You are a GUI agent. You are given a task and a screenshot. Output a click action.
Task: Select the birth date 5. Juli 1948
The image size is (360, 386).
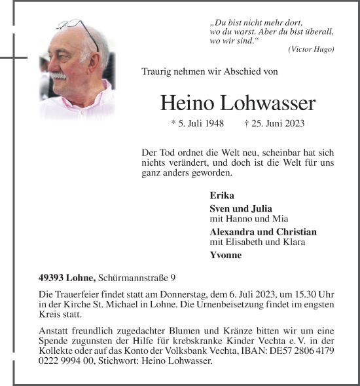(x=197, y=123)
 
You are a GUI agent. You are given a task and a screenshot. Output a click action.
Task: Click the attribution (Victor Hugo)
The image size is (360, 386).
(x=311, y=50)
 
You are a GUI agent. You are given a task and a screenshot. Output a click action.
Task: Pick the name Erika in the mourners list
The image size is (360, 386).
(x=221, y=195)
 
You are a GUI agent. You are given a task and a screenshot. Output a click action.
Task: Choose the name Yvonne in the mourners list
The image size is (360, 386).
(x=226, y=255)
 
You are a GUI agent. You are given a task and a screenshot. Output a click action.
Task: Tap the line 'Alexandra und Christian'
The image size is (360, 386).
(x=263, y=232)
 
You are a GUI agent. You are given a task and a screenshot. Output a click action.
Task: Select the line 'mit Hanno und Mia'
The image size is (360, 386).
(x=249, y=219)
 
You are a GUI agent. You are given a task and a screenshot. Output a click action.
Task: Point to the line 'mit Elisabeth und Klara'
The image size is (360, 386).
(x=257, y=242)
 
